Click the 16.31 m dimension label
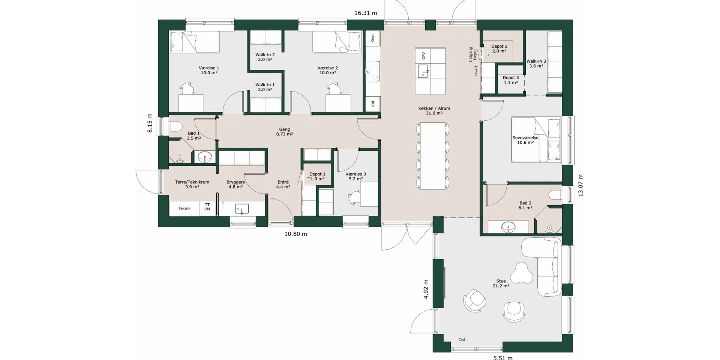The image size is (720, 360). coord(366,13)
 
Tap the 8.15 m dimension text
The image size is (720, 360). coord(150,123)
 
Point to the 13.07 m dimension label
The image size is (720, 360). coord(580,185)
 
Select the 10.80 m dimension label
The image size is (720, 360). coord(295,234)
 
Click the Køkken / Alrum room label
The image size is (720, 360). coord(434,108)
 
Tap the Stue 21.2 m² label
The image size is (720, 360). coord(501,283)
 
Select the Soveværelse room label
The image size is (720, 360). coord(525,138)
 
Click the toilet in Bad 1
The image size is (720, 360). coord(175,126)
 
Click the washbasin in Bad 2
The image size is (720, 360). coord(508,226)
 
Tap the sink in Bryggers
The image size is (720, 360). coord(242,209)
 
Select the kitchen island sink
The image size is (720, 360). coord(424,70)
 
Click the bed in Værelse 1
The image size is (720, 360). coord(194,42)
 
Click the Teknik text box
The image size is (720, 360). coord(184,208)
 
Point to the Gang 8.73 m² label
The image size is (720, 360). coord(284,132)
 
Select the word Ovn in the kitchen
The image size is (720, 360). coord(373,38)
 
